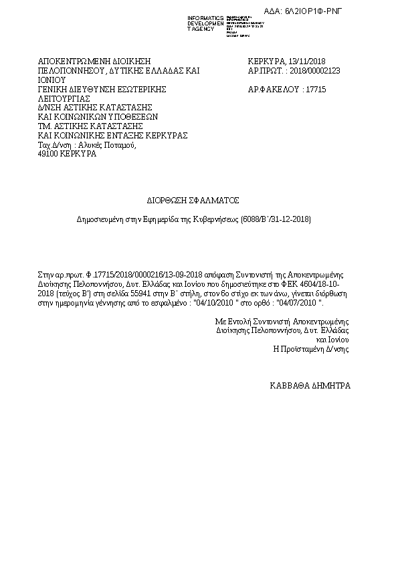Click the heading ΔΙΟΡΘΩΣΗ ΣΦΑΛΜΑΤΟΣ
[x=193, y=200]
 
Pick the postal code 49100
[x=49, y=154]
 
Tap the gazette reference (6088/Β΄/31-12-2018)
[x=276, y=219]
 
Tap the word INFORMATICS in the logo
[x=206, y=17]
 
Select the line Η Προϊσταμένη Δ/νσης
[x=311, y=348]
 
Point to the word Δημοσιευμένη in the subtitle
[x=98, y=219]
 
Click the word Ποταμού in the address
[x=119, y=144]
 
